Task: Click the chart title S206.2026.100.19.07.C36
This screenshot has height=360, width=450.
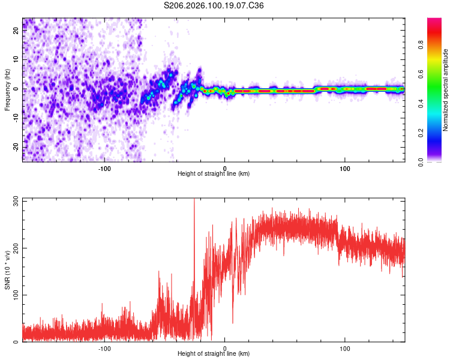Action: [x=214, y=5]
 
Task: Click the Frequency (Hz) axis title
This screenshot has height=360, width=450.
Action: [x=7, y=90]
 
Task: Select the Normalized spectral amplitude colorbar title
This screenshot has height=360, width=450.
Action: [x=446, y=90]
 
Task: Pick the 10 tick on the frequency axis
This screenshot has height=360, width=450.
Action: [x=16, y=59]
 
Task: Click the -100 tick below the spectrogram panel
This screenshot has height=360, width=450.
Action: [x=104, y=167]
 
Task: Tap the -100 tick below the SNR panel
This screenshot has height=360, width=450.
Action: [x=104, y=347]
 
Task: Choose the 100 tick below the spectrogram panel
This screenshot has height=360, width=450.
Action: [x=345, y=167]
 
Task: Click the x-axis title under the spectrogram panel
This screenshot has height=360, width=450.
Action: [x=214, y=173]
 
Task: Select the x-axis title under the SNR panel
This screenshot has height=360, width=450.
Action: [x=214, y=353]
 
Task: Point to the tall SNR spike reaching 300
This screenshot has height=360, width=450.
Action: [x=194, y=204]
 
